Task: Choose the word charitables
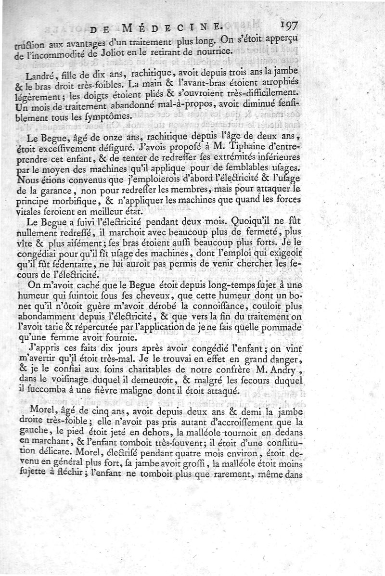167,370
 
